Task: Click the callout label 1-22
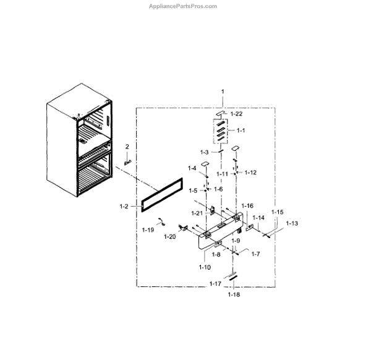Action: click(x=237, y=114)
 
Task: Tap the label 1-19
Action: click(x=147, y=230)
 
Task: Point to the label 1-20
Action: click(x=170, y=236)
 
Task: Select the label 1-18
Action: click(x=234, y=294)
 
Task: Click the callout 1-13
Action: click(x=291, y=223)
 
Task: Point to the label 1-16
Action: click(x=247, y=205)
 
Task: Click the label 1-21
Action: click(x=197, y=213)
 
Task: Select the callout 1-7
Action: click(x=255, y=254)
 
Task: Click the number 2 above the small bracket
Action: click(x=127, y=147)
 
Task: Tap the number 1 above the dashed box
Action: click(x=223, y=92)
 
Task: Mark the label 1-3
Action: click(x=205, y=152)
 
